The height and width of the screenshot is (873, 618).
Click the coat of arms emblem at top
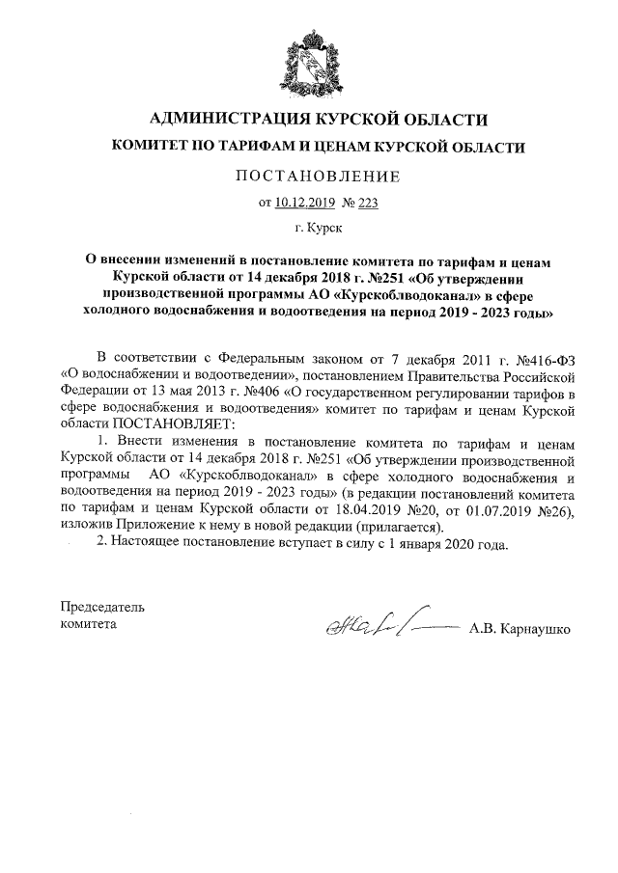(x=309, y=59)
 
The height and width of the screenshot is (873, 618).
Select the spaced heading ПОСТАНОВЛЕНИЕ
(x=309, y=177)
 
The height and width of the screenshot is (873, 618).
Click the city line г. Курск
(x=309, y=230)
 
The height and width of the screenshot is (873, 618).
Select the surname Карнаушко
(x=532, y=629)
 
